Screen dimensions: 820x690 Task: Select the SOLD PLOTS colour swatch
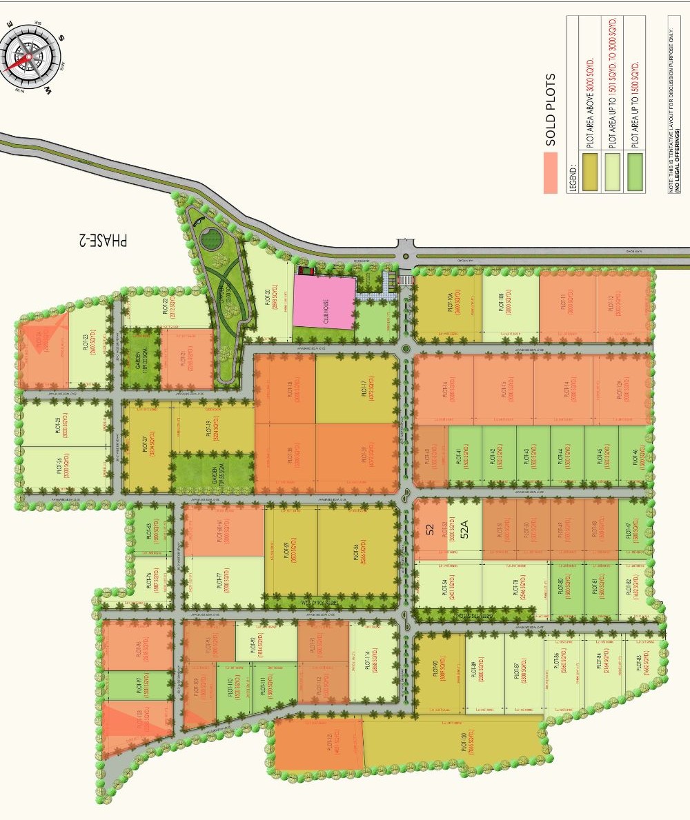click(550, 174)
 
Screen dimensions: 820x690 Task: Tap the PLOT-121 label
click(330, 746)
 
